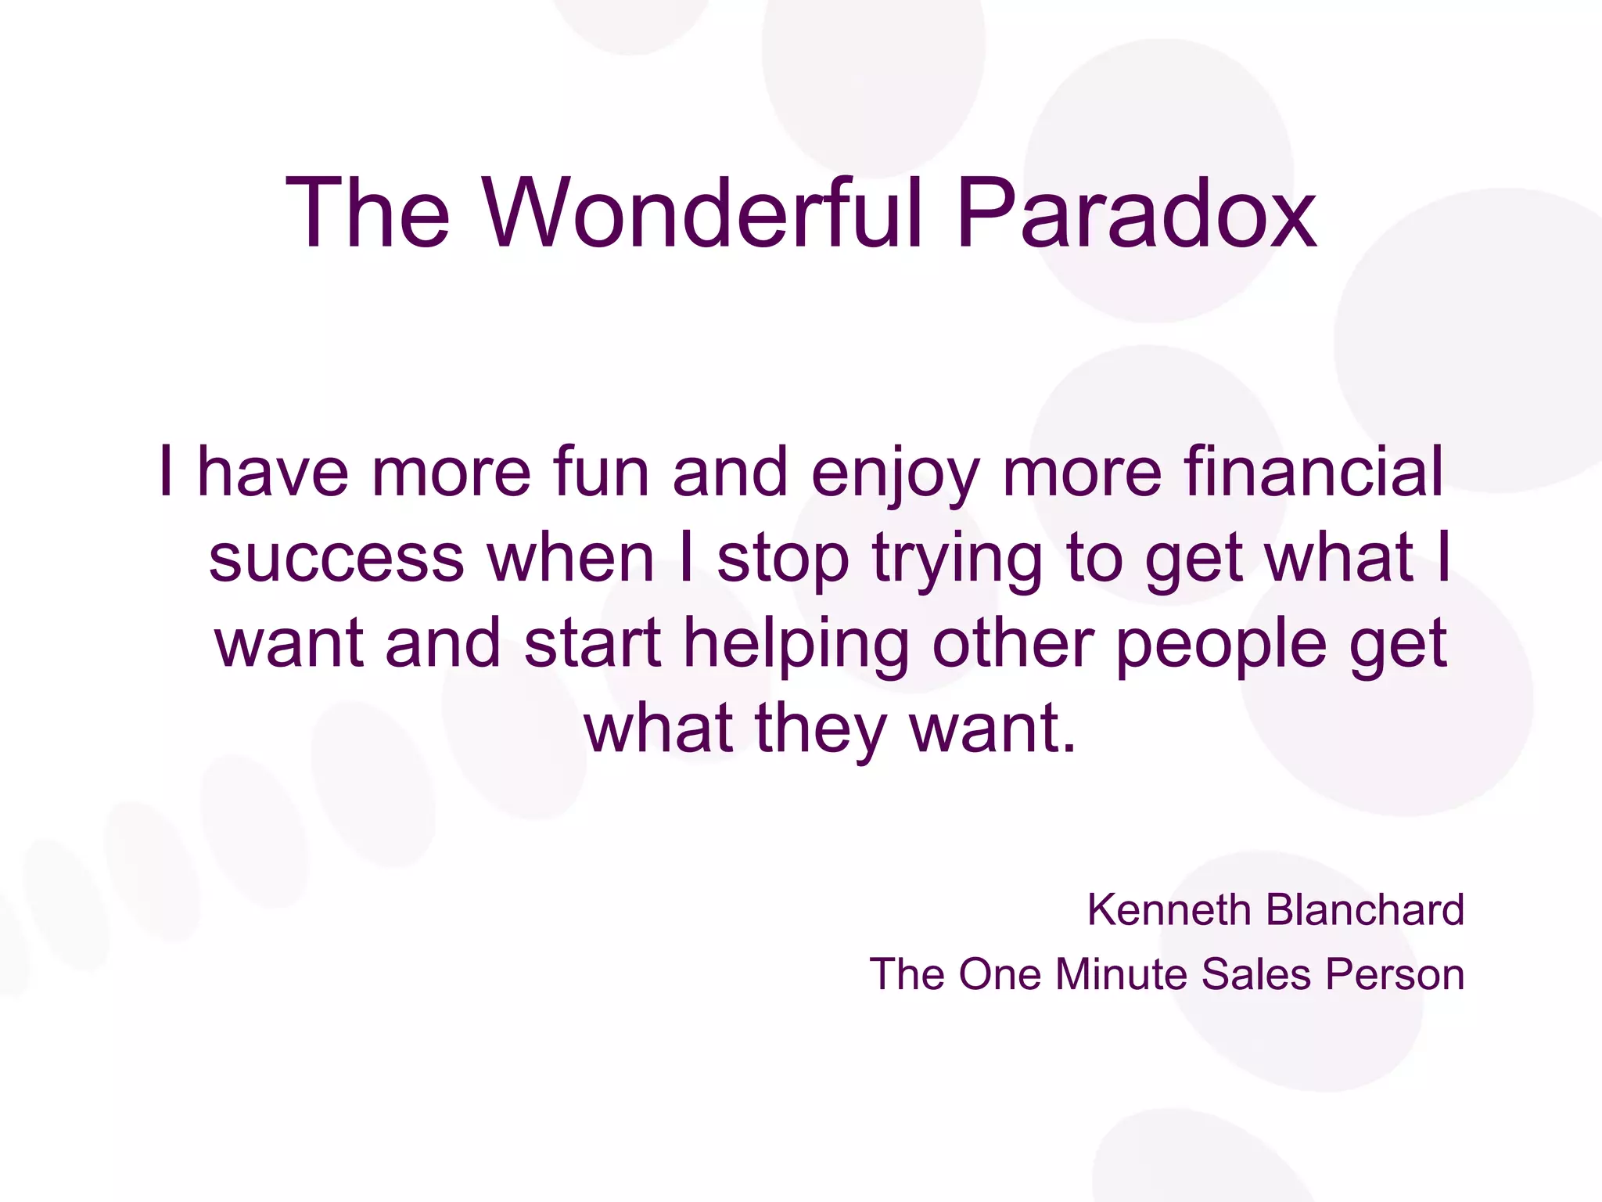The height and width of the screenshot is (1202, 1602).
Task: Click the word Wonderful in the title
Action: (x=703, y=213)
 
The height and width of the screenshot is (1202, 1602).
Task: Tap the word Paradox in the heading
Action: (x=1136, y=213)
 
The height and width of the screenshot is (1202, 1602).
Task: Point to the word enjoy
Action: (x=895, y=474)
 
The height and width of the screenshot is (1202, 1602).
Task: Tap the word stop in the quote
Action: (x=782, y=560)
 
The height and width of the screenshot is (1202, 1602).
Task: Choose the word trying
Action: (x=957, y=560)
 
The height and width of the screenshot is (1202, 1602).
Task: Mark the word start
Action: (x=593, y=643)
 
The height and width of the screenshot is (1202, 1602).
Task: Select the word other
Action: (x=1013, y=643)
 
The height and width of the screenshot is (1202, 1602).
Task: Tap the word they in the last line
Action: (x=821, y=729)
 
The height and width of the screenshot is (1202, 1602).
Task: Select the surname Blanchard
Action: (x=1365, y=910)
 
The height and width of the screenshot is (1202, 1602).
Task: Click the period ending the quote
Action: (x=1069, y=748)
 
